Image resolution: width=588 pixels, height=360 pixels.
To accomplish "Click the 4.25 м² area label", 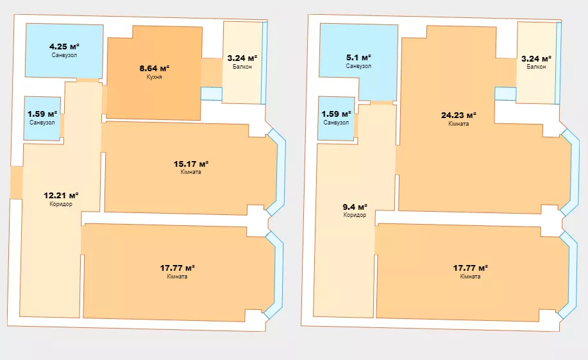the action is click(65, 47).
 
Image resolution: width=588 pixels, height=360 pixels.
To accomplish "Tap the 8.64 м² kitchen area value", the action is click(155, 68).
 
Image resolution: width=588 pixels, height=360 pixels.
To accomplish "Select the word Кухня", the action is click(155, 77).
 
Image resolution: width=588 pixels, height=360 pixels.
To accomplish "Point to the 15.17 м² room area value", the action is click(191, 164).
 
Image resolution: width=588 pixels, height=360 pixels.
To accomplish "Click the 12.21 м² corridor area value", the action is click(61, 195).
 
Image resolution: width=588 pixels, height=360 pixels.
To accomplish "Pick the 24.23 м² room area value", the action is click(458, 116).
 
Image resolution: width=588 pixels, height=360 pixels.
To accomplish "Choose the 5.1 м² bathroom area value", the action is click(358, 58).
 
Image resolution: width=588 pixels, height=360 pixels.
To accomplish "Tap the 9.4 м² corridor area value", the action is click(355, 207).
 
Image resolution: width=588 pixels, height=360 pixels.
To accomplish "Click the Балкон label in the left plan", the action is click(242, 67).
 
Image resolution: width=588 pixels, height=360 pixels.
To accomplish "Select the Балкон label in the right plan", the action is click(536, 67).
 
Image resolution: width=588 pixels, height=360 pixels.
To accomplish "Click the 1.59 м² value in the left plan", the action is click(42, 114).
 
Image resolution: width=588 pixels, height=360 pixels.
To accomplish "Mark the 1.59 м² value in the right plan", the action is click(337, 114).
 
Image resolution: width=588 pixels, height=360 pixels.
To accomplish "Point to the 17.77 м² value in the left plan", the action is click(178, 268).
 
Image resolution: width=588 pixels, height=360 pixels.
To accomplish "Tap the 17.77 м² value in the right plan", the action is click(470, 268).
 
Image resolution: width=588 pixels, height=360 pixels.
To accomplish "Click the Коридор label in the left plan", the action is click(61, 204).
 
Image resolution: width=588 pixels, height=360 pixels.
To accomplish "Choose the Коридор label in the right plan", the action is click(355, 215).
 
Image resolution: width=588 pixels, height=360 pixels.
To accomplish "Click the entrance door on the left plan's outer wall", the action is click(17, 182).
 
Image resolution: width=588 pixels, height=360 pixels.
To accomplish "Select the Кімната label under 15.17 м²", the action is click(191, 172).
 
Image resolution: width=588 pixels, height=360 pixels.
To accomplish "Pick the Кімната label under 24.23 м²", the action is click(458, 123).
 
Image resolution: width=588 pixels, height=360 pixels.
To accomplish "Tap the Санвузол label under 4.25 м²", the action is click(65, 55).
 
